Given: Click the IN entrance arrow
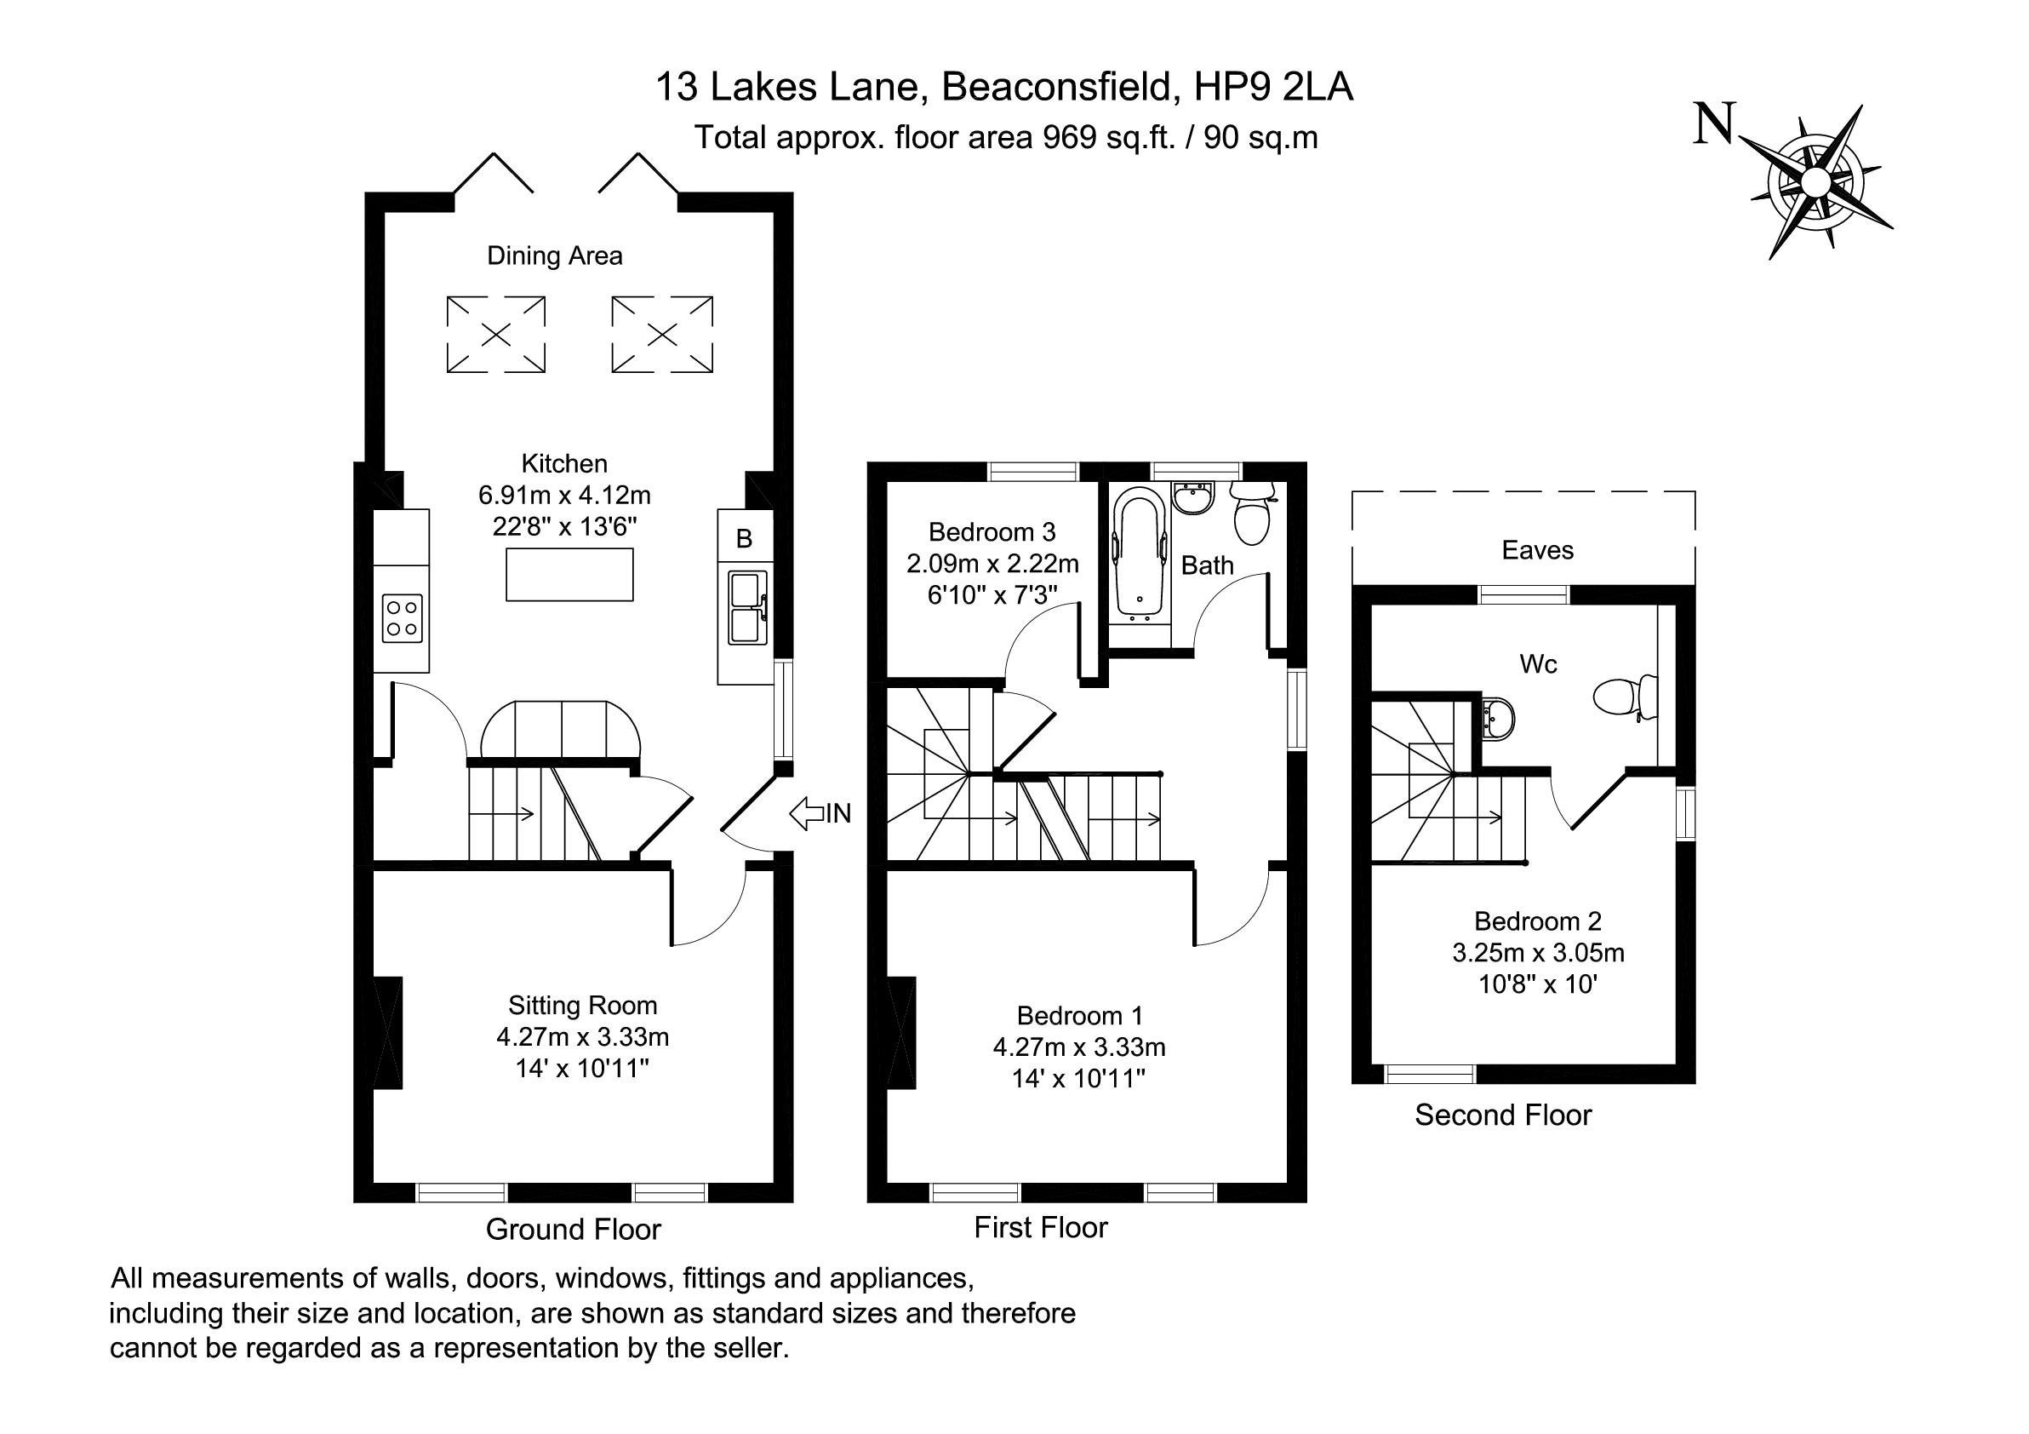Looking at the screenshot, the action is [x=806, y=813].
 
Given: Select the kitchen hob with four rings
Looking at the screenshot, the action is [x=402, y=618].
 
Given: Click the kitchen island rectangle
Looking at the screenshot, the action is [x=569, y=575].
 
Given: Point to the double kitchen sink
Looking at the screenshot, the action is [x=747, y=607].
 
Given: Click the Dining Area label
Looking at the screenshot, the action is [x=555, y=255].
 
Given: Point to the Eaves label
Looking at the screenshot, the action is [x=1538, y=550].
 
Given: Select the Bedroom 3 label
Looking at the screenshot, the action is [x=992, y=531].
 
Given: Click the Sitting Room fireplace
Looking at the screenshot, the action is [x=388, y=1033].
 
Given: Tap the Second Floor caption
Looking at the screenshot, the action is [x=1502, y=1115].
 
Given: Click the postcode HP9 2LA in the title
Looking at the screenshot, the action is [x=1273, y=88].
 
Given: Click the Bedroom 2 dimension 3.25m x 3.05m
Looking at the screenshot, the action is [x=1539, y=952].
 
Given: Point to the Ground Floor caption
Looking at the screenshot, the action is [x=574, y=1229].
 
